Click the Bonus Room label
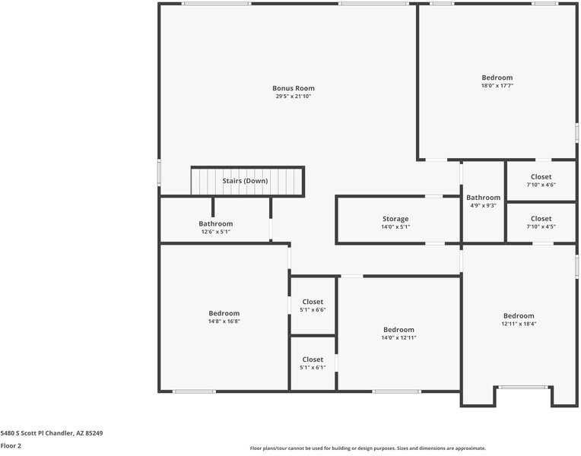[x=293, y=88]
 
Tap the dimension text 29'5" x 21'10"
[x=293, y=97]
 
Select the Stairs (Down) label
[x=245, y=181]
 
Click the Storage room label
[x=395, y=219]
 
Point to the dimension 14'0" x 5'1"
[x=395, y=227]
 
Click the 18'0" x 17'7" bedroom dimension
[x=497, y=86]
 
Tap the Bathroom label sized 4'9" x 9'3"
[x=483, y=198]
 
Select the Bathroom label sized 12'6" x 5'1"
[x=215, y=223]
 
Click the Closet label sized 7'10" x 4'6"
[x=541, y=177]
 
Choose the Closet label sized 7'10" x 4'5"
[x=541, y=219]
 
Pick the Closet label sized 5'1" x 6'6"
[x=313, y=302]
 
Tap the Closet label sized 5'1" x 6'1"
[x=313, y=359]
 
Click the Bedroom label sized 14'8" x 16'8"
[x=224, y=313]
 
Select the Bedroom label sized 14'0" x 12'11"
[x=398, y=329]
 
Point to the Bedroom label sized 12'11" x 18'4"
[x=518, y=315]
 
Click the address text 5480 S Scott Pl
[x=52, y=433]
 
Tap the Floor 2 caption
[x=11, y=446]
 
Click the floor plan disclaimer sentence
[x=367, y=448]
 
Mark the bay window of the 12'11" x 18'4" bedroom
[x=523, y=387]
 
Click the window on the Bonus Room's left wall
[x=159, y=171]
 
